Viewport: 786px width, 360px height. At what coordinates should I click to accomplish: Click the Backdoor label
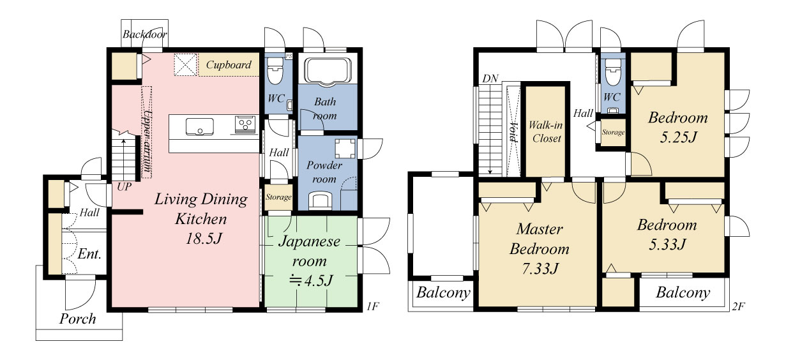click(144, 34)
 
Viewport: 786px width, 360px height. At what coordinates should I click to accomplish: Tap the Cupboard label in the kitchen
click(229, 64)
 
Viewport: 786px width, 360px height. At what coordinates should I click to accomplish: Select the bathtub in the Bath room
click(328, 71)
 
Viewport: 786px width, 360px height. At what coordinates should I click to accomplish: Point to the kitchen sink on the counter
click(200, 126)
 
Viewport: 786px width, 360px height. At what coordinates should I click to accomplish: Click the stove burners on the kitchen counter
click(245, 124)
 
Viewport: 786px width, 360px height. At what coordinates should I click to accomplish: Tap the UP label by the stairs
click(125, 186)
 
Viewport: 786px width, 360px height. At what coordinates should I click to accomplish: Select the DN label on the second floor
click(490, 79)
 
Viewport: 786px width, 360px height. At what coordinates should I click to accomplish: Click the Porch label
click(77, 319)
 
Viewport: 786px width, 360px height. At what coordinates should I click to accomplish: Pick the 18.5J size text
click(204, 239)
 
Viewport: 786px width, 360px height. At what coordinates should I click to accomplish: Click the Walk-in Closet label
click(546, 131)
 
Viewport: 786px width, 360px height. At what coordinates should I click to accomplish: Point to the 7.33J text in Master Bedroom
click(540, 269)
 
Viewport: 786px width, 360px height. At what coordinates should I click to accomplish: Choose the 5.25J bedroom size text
click(678, 137)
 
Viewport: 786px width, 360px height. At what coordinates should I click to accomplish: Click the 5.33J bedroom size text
click(667, 244)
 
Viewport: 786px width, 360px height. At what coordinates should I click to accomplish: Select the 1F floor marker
click(373, 306)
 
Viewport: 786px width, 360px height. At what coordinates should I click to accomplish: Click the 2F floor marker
click(738, 306)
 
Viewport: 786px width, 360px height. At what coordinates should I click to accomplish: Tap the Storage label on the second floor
click(613, 132)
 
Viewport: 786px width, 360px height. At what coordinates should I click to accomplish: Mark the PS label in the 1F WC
click(289, 56)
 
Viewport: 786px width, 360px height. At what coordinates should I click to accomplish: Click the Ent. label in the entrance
click(89, 253)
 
